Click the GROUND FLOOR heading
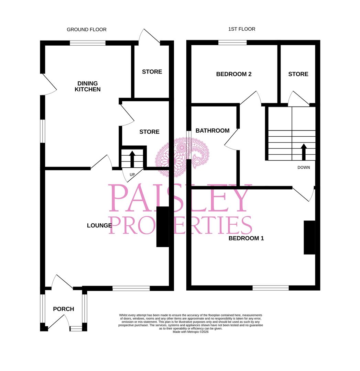[86, 30]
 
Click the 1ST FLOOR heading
[242, 29]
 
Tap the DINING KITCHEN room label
[88, 86]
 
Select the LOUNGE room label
[99, 225]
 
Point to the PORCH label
[64, 309]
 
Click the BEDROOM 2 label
[234, 74]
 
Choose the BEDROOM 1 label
[246, 238]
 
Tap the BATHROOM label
[212, 131]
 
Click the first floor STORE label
[298, 74]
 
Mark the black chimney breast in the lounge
[162, 227]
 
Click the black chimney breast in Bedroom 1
[309, 237]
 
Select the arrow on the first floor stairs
[304, 152]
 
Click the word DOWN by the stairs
[304, 168]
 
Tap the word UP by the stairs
[132, 175]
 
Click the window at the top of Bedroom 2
[232, 43]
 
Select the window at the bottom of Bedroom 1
[271, 288]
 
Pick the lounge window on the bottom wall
[131, 288]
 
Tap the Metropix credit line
[190, 332]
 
